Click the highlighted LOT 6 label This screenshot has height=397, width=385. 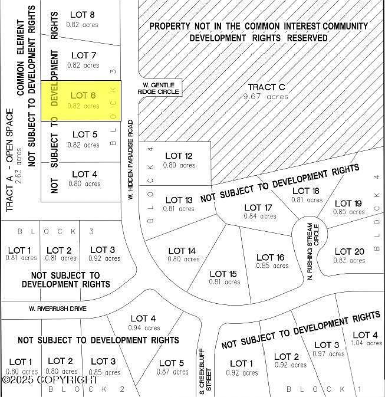point(83,95)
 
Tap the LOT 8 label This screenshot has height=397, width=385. point(83,14)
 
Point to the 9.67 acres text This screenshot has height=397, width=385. point(266,97)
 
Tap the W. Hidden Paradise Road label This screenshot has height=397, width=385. point(131,159)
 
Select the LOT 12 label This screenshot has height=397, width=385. point(179,156)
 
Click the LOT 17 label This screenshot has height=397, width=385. point(258,208)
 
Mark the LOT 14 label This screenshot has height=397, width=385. point(182,251)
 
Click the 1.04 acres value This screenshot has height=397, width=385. point(366,343)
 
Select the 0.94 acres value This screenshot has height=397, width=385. point(144,328)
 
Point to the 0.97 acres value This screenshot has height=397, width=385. point(329,354)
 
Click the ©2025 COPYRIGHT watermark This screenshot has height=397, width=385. point(50,379)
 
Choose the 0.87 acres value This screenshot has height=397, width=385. point(172,372)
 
